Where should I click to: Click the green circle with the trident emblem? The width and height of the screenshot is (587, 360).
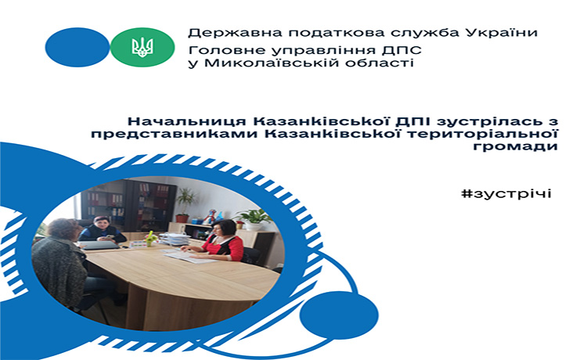[142, 47]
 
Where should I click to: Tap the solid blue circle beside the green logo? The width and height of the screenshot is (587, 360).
[77, 47]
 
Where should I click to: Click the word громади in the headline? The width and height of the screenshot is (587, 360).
[515, 146]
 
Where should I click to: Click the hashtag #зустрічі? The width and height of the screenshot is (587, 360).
[506, 194]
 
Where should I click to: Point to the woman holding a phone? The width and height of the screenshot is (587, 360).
[102, 229]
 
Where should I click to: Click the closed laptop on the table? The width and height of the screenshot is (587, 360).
[99, 245]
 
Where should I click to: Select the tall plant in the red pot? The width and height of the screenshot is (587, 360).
[185, 205]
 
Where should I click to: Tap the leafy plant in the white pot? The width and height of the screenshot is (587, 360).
[254, 220]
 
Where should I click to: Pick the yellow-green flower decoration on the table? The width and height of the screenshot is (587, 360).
[150, 239]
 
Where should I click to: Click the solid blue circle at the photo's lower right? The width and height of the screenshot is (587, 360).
[339, 315]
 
